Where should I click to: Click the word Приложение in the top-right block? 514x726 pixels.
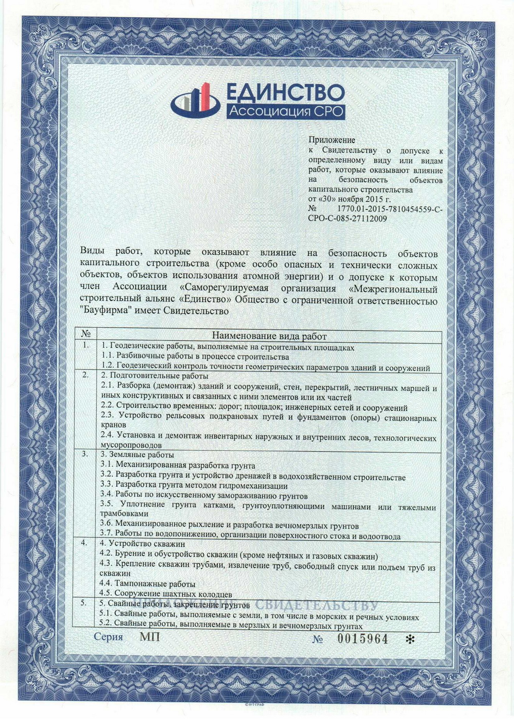click(x=332, y=140)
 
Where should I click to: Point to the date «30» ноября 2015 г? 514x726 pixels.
click(x=349, y=199)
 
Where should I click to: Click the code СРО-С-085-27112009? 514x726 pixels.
click(x=347, y=219)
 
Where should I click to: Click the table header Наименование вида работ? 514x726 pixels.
click(x=269, y=336)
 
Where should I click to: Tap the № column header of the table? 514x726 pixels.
click(x=86, y=334)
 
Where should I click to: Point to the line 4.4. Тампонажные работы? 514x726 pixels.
click(x=148, y=584)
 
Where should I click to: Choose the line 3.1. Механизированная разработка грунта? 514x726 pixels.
click(x=178, y=466)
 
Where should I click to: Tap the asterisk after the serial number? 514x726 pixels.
click(x=409, y=639)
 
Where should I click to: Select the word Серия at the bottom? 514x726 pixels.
click(x=108, y=637)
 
